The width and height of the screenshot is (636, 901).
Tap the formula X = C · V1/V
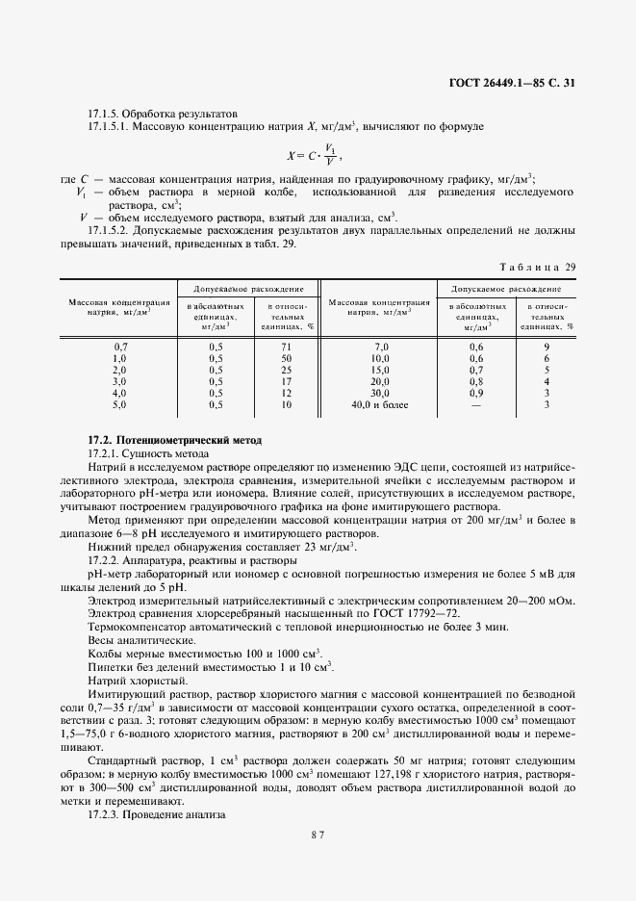316,154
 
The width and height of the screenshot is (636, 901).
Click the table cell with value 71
286,346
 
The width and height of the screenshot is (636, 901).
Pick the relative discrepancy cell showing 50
286,357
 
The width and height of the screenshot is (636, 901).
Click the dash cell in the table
475,404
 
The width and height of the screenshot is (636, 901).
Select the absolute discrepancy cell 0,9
475,393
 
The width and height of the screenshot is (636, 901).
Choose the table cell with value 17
286,381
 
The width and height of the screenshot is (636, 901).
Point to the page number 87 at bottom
317,862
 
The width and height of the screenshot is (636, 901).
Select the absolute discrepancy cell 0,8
475,381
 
